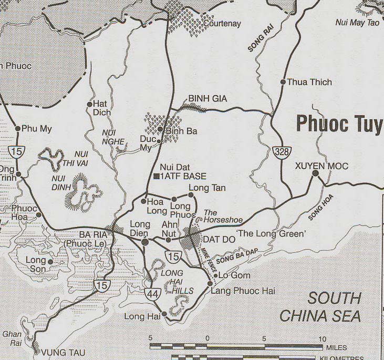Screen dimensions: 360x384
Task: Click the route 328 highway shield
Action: pos(280,153)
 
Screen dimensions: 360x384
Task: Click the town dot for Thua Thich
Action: pos(283,82)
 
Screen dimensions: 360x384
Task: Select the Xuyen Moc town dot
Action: pos(316,173)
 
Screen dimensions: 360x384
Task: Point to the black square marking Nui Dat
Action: pos(157,176)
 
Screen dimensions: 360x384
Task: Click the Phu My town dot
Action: pos(17,128)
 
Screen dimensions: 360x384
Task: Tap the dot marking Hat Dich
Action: pos(89,104)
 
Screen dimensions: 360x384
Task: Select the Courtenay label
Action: pos(222,24)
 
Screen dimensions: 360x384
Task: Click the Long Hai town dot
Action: pos(164,314)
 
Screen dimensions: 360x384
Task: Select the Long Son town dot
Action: pos(50,261)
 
